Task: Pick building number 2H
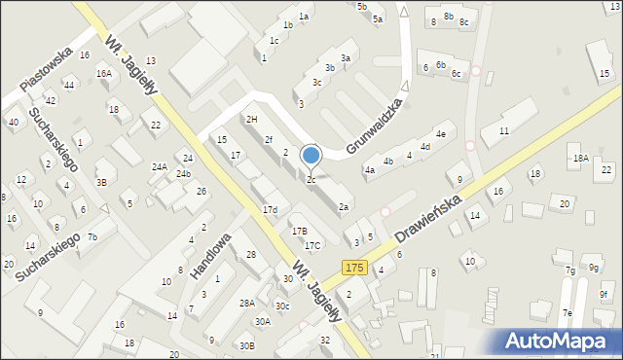[252, 119]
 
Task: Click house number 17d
[270, 210]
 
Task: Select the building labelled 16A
[103, 73]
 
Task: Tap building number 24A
[160, 167]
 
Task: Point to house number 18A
[581, 158]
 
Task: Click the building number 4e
[441, 134]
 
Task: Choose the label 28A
[247, 303]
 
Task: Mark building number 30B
[247, 345]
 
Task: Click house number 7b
[92, 237]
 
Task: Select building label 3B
[101, 182]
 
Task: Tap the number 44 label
[68, 86]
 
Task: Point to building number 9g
[594, 268]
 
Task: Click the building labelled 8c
[464, 22]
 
